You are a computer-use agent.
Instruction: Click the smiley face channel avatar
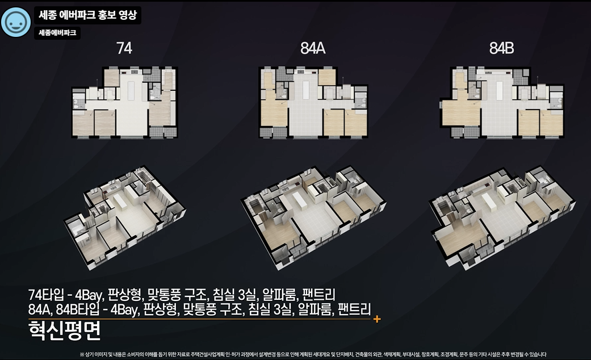pos(15,22)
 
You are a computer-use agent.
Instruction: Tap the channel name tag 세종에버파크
pos(57,33)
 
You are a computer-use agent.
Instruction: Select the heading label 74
pos(124,49)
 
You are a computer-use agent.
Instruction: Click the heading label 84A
pos(312,49)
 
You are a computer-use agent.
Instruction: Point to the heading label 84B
pos(501,49)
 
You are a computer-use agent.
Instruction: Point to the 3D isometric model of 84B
pos(502,219)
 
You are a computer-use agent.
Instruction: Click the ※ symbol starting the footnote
pos(82,354)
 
